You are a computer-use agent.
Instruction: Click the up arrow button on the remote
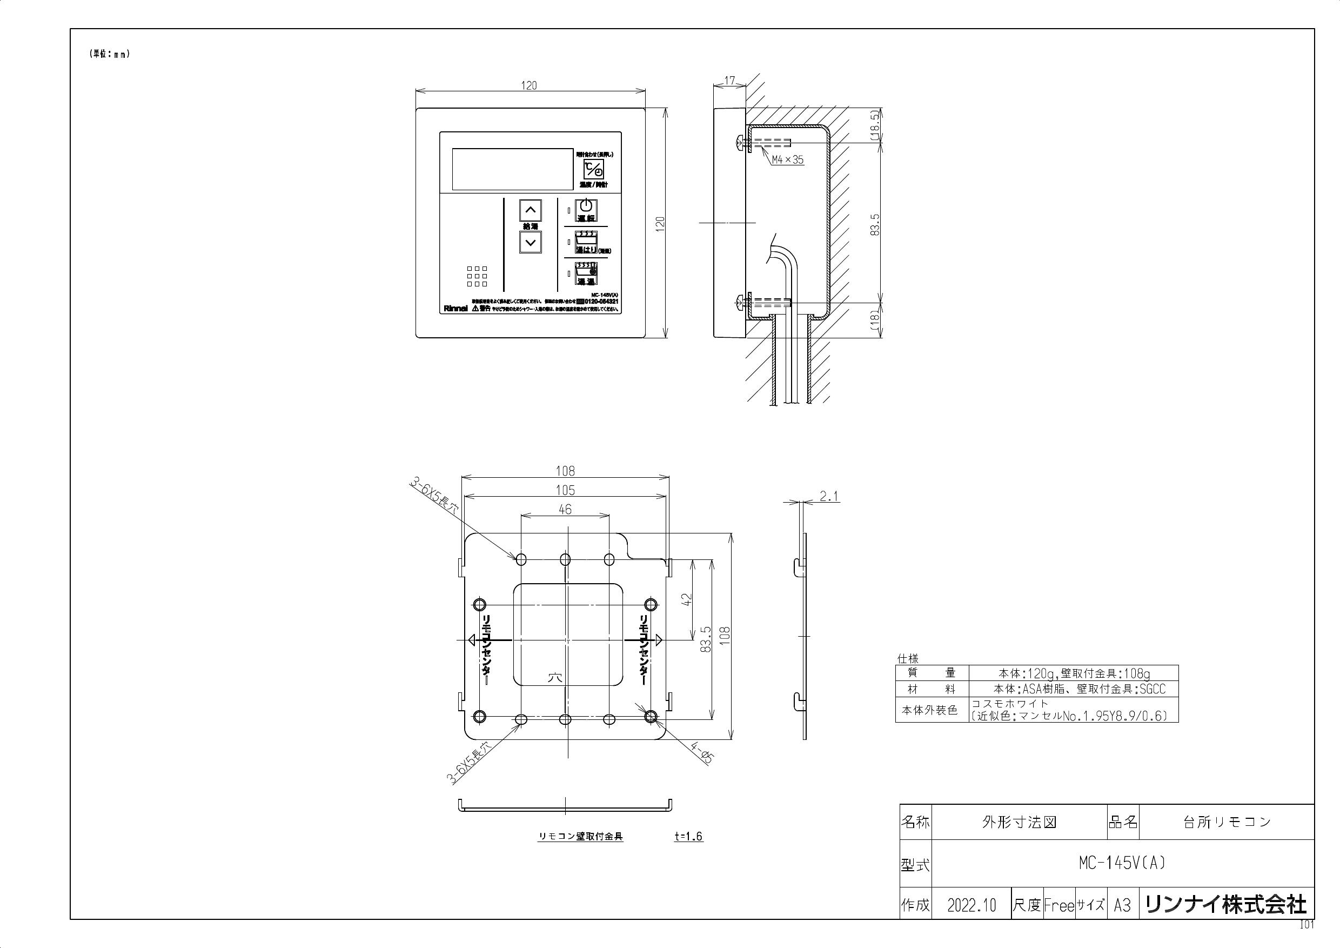pyautogui.click(x=530, y=210)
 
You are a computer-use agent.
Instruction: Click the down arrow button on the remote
pyautogui.click(x=530, y=242)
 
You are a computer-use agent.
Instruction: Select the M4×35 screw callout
pyautogui.click(x=787, y=159)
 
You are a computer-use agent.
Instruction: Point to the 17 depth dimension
pyautogui.click(x=729, y=80)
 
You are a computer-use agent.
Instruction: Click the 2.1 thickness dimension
pyautogui.click(x=829, y=496)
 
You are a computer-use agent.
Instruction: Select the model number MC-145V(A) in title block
pyautogui.click(x=1122, y=863)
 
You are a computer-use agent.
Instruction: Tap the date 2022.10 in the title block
pyautogui.click(x=971, y=905)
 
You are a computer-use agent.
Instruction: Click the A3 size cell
pyautogui.click(x=1122, y=905)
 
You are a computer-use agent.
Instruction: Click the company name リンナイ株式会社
pyautogui.click(x=1225, y=905)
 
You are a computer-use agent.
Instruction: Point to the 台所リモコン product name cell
pyautogui.click(x=1226, y=822)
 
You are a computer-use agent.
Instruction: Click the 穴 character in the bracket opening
pyautogui.click(x=554, y=678)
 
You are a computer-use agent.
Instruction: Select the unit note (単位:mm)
pyautogui.click(x=109, y=54)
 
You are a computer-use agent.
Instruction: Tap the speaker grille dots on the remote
pyautogui.click(x=477, y=277)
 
